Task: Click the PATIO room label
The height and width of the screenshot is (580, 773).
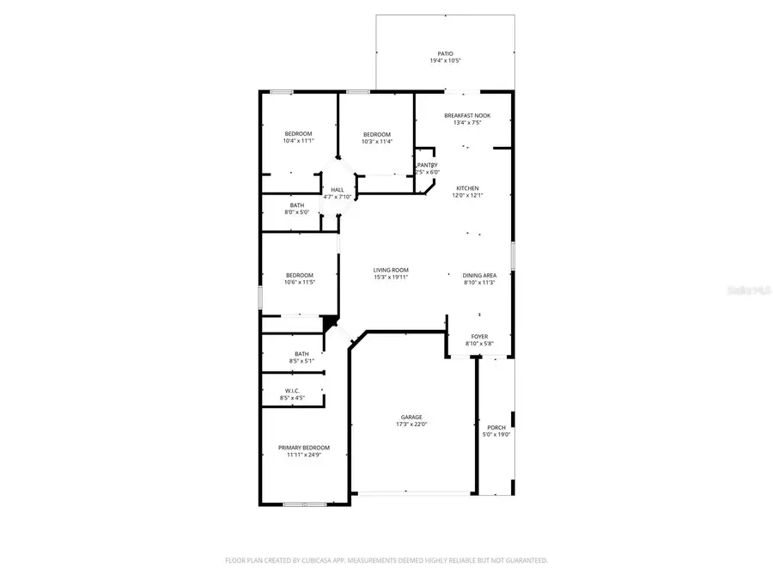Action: click(445, 53)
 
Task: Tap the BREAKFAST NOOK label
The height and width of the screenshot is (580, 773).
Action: click(467, 115)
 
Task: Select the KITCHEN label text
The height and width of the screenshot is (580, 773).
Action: click(467, 188)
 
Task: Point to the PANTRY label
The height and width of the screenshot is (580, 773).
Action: click(427, 165)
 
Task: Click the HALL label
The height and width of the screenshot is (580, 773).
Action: click(338, 190)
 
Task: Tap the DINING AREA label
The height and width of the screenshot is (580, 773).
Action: click(479, 275)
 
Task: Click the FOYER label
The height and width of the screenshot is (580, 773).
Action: click(479, 337)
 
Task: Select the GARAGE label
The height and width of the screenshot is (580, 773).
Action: click(411, 417)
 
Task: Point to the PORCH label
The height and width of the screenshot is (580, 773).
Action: click(496, 427)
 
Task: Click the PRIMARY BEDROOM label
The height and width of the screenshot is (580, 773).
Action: click(303, 448)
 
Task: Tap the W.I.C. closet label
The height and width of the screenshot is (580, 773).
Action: click(292, 391)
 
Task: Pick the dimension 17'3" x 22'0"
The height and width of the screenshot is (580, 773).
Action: click(411, 424)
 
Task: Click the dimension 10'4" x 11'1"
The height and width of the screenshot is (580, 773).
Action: click(298, 141)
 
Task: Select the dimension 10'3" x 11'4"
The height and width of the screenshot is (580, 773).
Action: click(376, 141)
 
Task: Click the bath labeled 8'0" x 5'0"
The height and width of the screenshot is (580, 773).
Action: click(296, 212)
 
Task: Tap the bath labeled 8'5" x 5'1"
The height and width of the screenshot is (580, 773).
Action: click(301, 361)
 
